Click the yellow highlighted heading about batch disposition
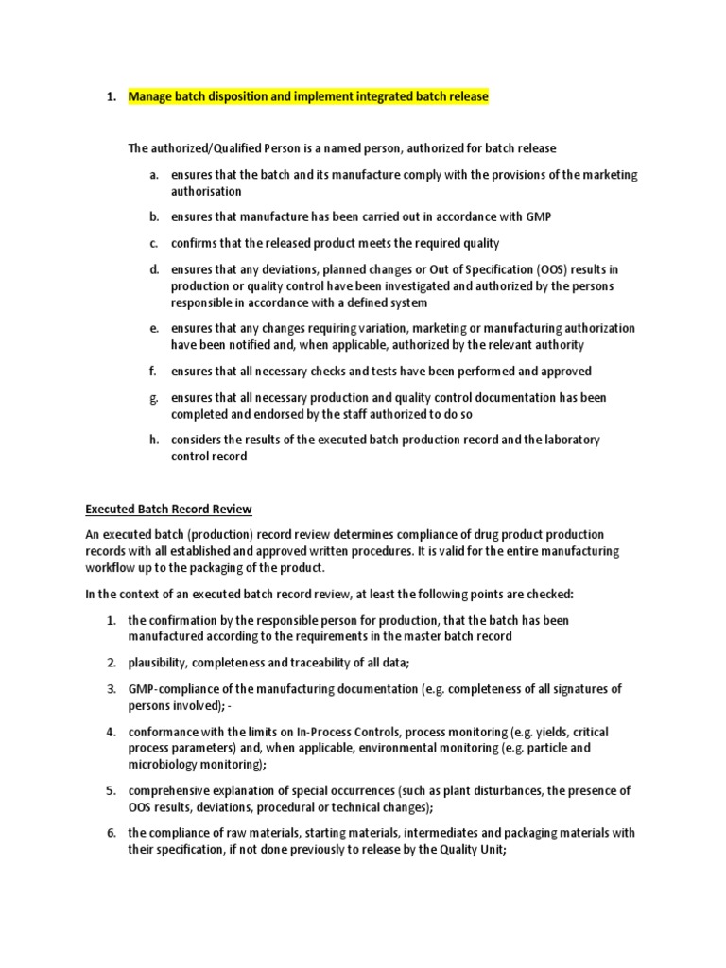coord(308,96)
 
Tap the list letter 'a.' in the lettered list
coord(153,175)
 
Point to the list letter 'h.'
coord(153,440)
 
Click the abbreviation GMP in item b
coord(538,216)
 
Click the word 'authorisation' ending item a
coord(206,191)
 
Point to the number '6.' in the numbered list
coord(111,833)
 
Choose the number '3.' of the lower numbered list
coord(111,689)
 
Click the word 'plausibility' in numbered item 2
coord(163,663)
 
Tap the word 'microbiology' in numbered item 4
coord(164,764)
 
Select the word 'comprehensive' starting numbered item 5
coord(173,790)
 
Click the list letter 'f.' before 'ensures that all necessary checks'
coord(153,372)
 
